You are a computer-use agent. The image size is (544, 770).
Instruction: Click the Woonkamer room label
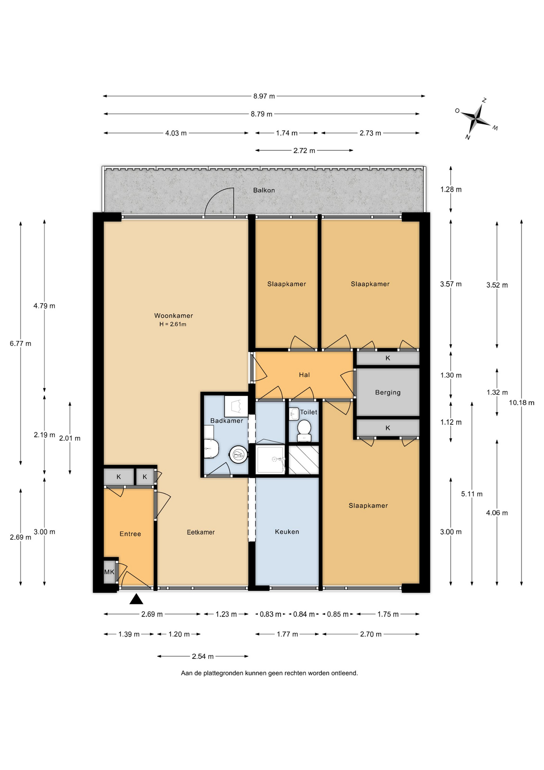tap(173, 316)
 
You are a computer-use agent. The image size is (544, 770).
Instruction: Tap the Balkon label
tap(264, 190)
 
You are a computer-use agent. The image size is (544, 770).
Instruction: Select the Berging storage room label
tap(388, 393)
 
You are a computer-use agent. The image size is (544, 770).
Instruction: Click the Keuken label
tap(287, 532)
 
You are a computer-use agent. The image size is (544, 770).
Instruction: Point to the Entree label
tap(130, 534)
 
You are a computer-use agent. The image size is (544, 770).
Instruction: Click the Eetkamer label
tap(201, 532)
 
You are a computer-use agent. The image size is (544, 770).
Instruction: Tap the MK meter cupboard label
tap(109, 572)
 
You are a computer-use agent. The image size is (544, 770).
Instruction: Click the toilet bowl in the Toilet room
tap(304, 428)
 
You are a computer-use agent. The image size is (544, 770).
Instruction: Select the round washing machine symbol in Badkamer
tap(239, 455)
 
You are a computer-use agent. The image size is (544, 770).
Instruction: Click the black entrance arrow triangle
tap(136, 599)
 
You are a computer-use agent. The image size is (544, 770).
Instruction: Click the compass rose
tap(476, 119)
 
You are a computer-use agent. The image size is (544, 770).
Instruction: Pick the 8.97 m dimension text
tap(264, 96)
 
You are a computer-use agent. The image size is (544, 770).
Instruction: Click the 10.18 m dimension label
tap(522, 403)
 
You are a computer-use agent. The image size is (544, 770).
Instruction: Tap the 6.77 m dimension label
tap(20, 343)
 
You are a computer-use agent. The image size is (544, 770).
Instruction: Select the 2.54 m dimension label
tap(203, 657)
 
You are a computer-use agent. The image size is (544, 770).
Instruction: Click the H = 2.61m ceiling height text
tap(173, 324)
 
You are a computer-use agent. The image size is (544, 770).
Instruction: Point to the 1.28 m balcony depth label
tap(451, 189)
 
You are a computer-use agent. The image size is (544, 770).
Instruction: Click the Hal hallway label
tap(304, 375)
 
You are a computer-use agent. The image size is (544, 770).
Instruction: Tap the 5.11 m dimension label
tap(472, 494)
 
